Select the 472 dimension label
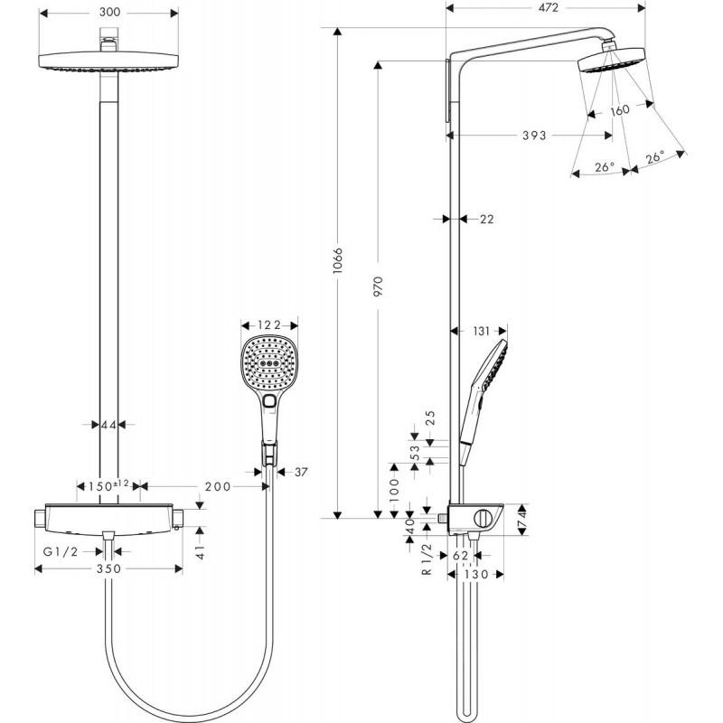coord(545,7)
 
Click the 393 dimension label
coord(533,136)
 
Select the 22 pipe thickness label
coord(485,219)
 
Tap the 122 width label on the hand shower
coord(259,325)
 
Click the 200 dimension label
coord(217,486)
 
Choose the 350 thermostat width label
coord(108,569)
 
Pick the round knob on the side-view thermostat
coord(484,519)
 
